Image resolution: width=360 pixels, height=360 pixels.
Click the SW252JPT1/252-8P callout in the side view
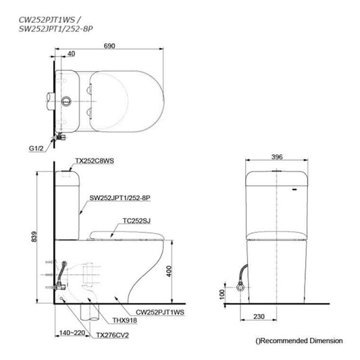point(120,199)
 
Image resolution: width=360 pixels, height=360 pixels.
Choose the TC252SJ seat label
point(138,221)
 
